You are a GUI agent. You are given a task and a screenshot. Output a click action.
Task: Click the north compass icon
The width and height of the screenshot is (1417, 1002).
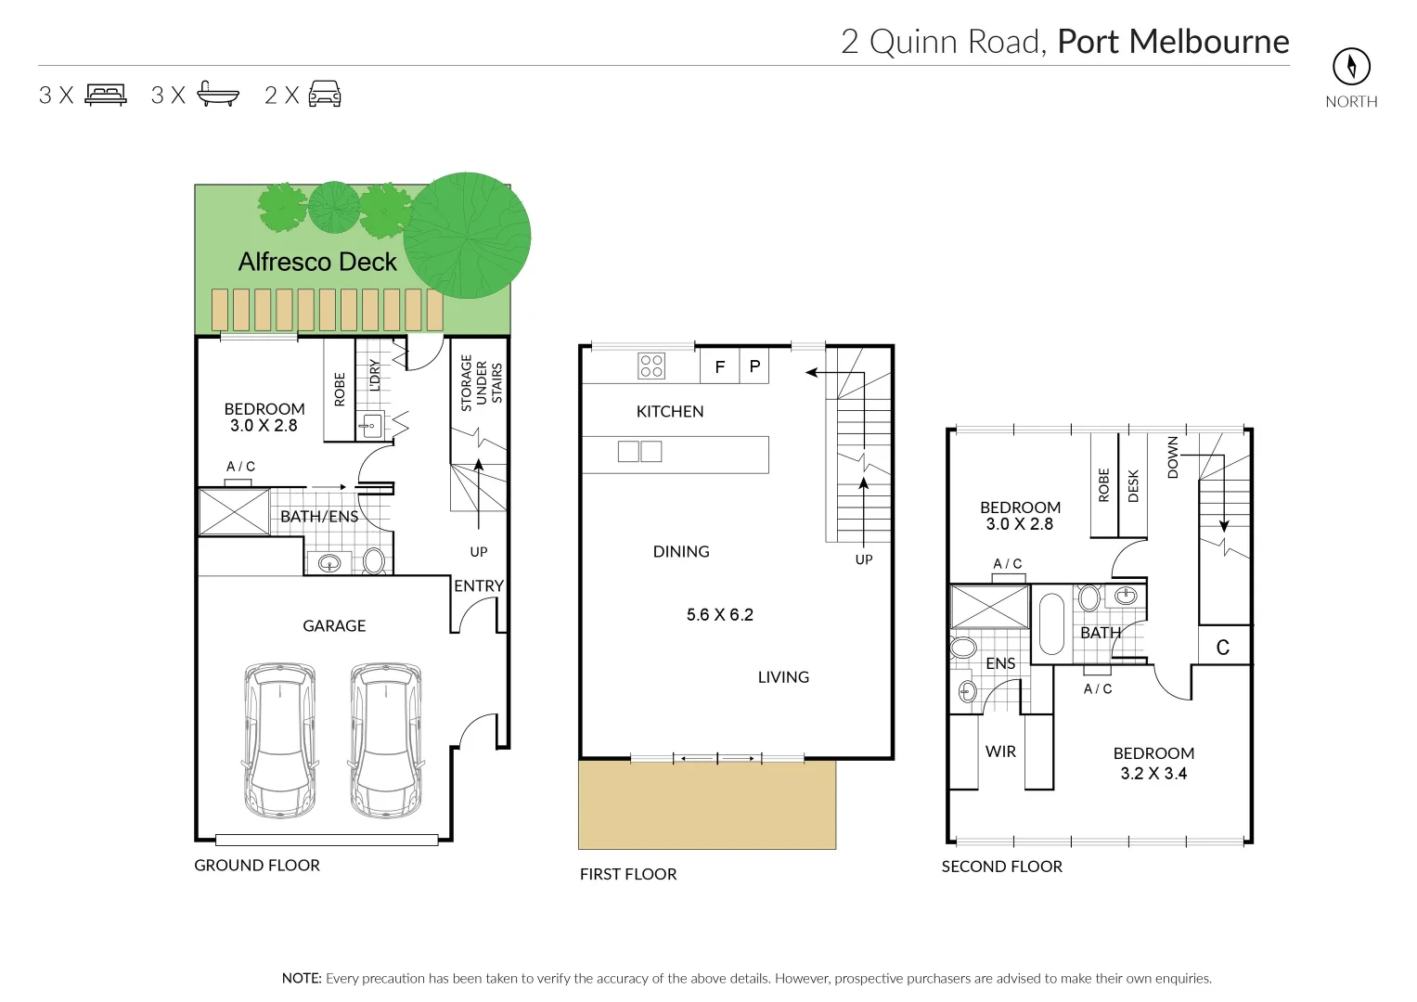click(1351, 67)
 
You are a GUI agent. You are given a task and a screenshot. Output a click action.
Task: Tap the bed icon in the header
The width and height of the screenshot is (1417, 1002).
click(106, 95)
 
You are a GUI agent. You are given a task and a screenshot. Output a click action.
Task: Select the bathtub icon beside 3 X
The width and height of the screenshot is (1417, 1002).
click(218, 95)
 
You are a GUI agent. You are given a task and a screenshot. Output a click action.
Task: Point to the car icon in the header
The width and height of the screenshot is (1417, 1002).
click(325, 95)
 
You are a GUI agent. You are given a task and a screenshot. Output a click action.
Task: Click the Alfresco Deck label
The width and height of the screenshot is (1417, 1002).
click(317, 263)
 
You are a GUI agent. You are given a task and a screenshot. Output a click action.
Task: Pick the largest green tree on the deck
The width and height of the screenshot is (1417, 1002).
click(467, 236)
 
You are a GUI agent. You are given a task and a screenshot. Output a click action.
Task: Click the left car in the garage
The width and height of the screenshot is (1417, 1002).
click(279, 739)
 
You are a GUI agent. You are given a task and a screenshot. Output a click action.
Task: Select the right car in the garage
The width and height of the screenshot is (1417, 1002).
click(386, 739)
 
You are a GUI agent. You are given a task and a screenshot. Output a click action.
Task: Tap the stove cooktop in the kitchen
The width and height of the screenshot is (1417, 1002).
click(651, 366)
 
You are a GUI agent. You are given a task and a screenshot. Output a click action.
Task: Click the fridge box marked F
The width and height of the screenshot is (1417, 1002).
click(719, 367)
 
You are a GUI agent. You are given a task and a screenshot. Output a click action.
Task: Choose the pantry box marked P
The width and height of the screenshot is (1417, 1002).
click(754, 367)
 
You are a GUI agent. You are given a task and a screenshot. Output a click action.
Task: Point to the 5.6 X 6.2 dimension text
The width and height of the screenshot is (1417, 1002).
click(719, 615)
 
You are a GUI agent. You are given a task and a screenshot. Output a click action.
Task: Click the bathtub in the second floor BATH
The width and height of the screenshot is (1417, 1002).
click(1051, 623)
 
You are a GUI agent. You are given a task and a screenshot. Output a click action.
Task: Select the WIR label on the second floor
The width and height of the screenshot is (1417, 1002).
click(1000, 751)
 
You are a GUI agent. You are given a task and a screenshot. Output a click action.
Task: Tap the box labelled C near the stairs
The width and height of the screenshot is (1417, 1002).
click(1223, 648)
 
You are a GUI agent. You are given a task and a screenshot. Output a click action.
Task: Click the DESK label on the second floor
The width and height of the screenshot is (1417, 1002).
click(1133, 486)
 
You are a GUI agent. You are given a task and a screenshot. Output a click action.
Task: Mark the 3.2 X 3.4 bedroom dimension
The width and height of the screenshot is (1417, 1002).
click(1153, 774)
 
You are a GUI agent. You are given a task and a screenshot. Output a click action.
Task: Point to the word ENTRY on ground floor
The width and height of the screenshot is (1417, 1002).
click(479, 586)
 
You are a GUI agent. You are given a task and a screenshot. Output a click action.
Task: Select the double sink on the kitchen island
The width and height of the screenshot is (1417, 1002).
click(639, 452)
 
